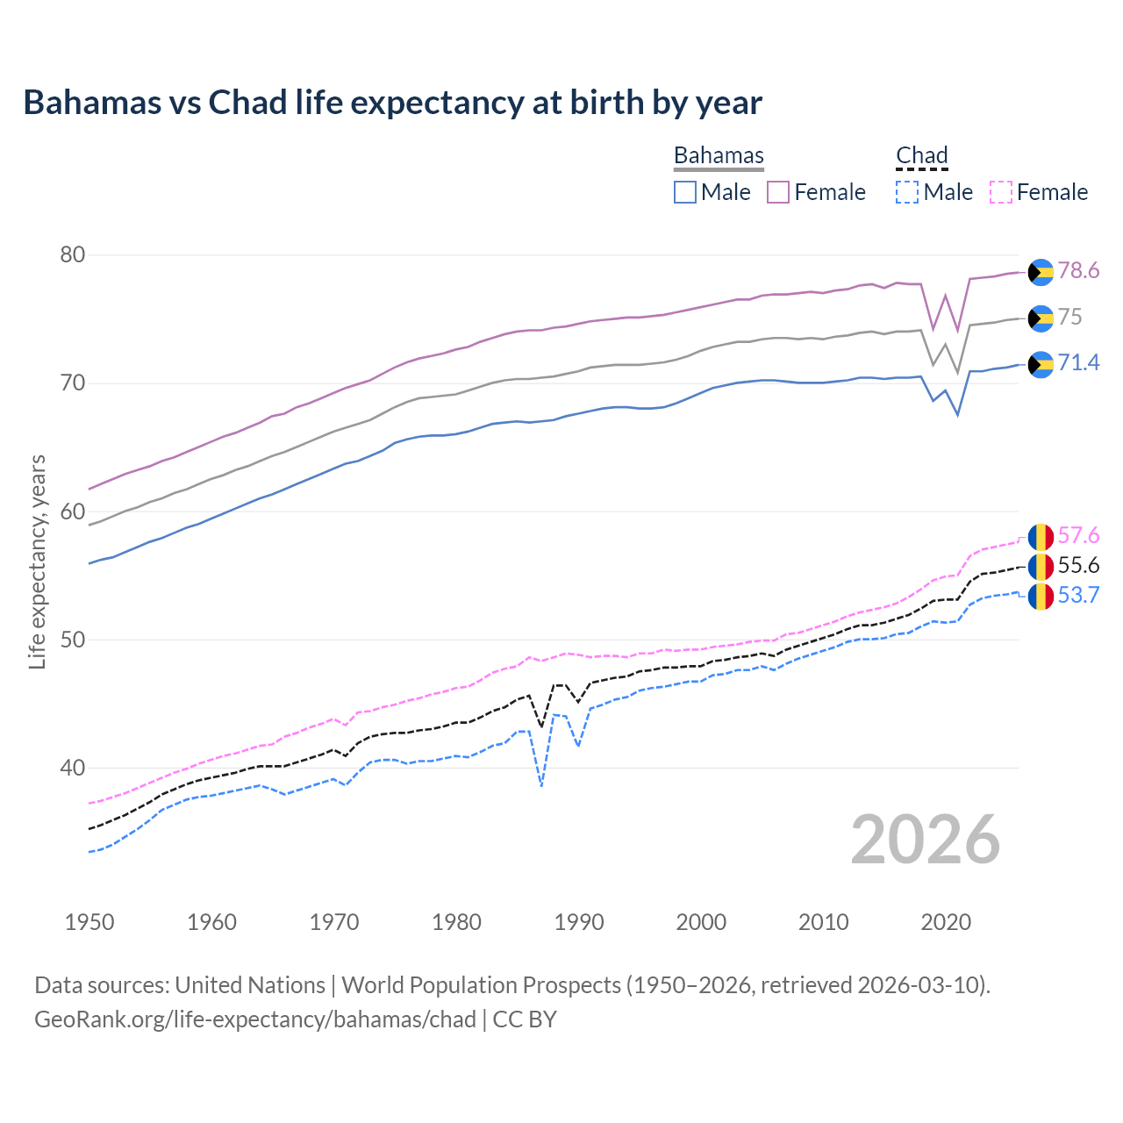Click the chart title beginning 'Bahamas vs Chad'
[x=392, y=103]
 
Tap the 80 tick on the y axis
[x=72, y=255]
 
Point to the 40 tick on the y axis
[x=72, y=768]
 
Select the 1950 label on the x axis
[x=89, y=922]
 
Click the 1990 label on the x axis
[x=579, y=922]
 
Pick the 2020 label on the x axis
[x=946, y=922]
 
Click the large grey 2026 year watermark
[x=925, y=840]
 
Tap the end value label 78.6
[x=1078, y=271]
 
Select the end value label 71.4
[x=1078, y=363]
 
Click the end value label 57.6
[x=1078, y=536]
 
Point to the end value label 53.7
[x=1078, y=596]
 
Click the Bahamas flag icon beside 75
[x=1041, y=318]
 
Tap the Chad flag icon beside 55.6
[x=1041, y=567]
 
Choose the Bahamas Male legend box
[x=685, y=192]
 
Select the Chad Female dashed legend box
[x=1001, y=192]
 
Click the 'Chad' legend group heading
[x=922, y=156]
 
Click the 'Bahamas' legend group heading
[x=719, y=156]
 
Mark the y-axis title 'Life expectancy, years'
[x=38, y=561]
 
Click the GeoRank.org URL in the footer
[x=255, y=1019]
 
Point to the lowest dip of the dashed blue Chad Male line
[x=541, y=785]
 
